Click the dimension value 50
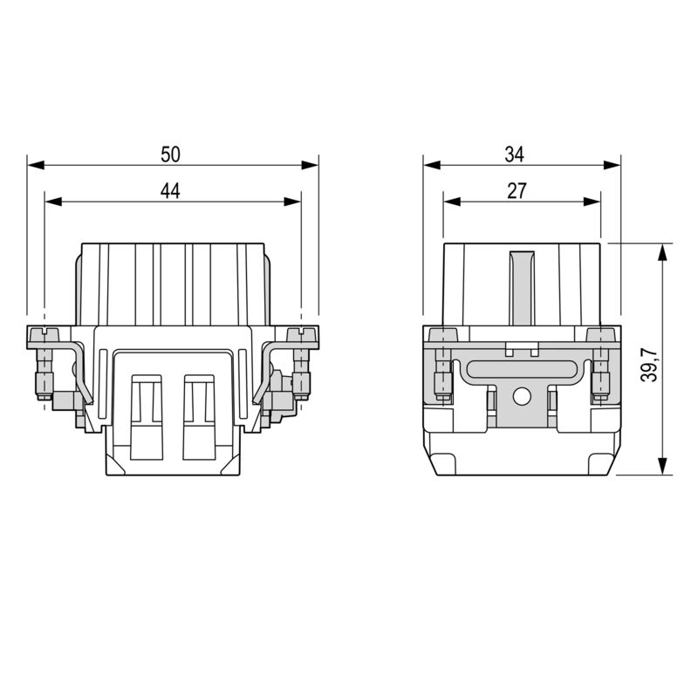pos(170,154)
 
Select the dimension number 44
pos(170,191)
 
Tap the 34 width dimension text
pos(515,154)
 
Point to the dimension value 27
pos(517,191)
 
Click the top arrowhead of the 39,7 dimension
pos(663,252)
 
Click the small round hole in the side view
pos(522,397)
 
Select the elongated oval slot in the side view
pos(522,369)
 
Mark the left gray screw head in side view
pos(443,336)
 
